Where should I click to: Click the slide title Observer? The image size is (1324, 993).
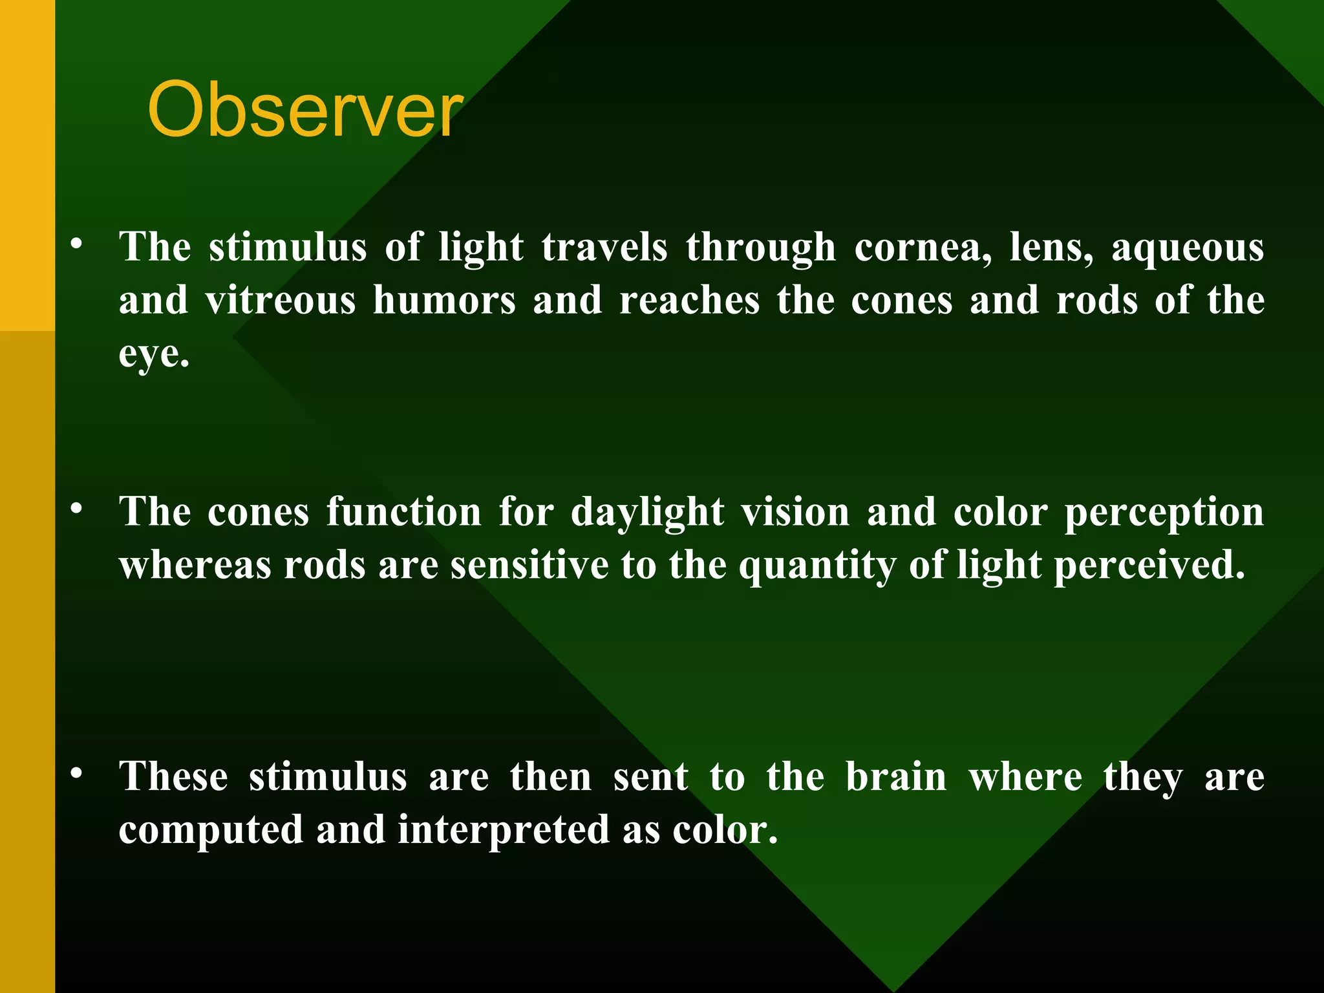tap(304, 110)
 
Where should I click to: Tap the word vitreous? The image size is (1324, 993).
tap(281, 301)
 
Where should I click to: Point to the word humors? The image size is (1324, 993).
tap(445, 301)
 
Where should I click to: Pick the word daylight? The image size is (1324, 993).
tap(647, 513)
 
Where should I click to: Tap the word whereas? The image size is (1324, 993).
tap(195, 566)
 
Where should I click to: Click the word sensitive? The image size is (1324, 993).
tap(529, 566)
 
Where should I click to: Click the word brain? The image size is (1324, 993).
tap(896, 777)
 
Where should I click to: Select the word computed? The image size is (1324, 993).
tap(211, 831)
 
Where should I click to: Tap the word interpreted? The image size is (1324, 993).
tap(504, 831)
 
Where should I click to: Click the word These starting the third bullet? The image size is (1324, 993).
tap(173, 777)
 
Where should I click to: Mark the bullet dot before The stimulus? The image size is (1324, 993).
tap(77, 244)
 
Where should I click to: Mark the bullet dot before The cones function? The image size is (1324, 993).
tap(77, 509)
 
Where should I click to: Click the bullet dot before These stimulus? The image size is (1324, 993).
tap(77, 773)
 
